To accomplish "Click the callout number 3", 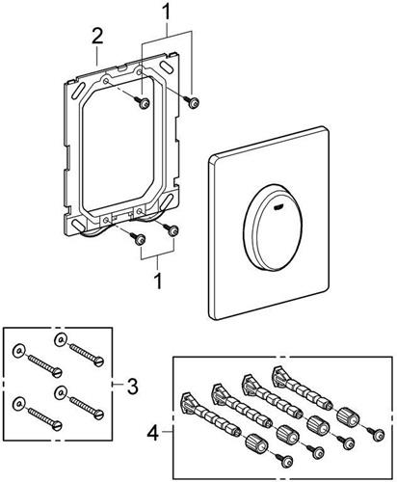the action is point(132,387).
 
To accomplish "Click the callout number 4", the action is point(153,432).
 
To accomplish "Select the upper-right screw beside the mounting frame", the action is point(193,103).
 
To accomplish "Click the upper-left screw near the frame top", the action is point(144,103).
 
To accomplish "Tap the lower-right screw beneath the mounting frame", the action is point(172,230).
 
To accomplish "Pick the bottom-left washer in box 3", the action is point(18,403).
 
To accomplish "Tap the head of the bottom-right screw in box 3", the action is point(99,414).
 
